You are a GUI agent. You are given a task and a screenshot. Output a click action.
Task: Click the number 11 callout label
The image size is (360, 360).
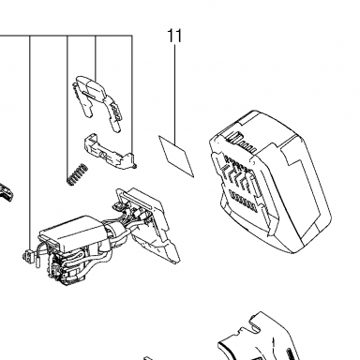174,36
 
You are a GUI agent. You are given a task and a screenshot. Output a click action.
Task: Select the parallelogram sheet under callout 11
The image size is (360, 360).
176,156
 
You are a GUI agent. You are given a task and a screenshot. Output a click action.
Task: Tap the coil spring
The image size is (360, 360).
77,174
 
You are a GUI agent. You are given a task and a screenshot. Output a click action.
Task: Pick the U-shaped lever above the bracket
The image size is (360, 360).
97,101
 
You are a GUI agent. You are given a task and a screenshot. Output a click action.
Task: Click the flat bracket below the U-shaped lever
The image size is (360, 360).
110,152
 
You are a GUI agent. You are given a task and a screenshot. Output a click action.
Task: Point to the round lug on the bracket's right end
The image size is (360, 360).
134,166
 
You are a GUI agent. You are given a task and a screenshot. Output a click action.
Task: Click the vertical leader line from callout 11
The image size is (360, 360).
175,95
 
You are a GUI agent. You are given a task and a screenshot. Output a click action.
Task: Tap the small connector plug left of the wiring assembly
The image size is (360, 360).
29,255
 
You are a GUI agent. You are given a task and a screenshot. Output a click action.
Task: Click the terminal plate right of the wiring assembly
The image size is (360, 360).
147,225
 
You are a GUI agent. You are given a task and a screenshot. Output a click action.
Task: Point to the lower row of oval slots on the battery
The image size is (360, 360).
243,198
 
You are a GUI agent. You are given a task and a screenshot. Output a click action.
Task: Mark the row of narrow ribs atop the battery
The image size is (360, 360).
242,142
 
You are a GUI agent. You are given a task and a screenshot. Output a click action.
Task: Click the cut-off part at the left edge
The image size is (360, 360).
7,191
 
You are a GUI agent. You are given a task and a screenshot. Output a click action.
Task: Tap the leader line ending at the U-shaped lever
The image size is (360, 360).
96,59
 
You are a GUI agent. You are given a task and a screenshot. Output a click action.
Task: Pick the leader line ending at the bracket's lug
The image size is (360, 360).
132,97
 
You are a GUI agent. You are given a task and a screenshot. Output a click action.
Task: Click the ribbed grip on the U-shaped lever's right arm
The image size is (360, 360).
115,110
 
